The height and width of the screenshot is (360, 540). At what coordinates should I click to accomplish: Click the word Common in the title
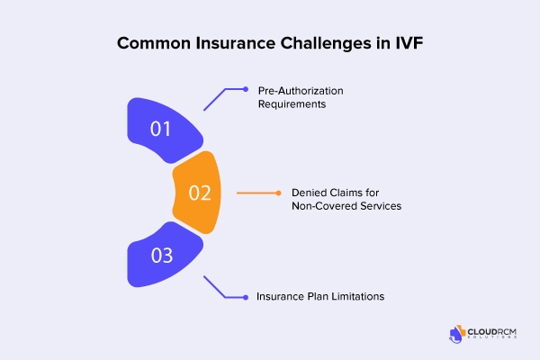154,43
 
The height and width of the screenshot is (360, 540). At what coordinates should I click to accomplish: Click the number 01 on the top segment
160,129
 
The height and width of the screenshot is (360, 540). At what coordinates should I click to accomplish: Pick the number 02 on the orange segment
200,193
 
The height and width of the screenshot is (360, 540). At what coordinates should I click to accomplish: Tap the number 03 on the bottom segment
161,256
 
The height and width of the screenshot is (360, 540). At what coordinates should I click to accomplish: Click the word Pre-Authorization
301,91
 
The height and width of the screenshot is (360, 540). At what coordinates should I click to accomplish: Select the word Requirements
292,104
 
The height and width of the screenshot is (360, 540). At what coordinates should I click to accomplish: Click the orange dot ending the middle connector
278,193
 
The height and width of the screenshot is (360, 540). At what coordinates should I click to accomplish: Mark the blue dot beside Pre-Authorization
246,89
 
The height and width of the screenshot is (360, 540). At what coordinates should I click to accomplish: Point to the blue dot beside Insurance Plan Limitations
246,297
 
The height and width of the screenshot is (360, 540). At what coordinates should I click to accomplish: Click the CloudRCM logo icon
457,334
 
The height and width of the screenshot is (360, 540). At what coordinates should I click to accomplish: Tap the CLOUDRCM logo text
491,332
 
